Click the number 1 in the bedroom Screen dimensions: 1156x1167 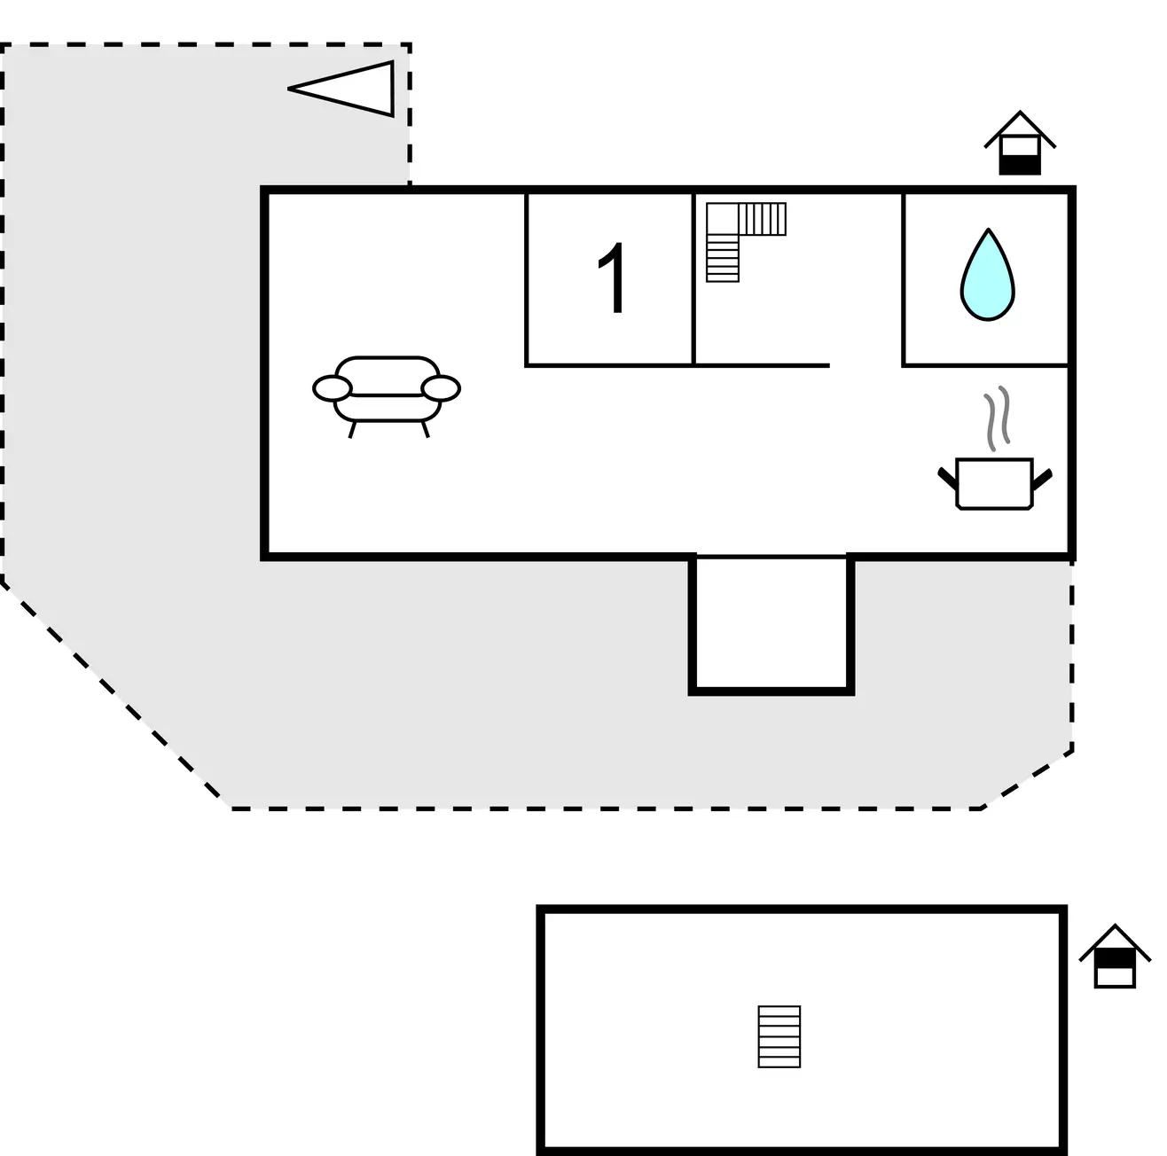[x=614, y=278]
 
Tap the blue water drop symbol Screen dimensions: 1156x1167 [x=987, y=277]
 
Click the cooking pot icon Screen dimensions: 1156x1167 [x=994, y=483]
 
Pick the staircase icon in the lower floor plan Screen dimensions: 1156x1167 [x=779, y=1036]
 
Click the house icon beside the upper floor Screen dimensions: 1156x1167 [x=1020, y=144]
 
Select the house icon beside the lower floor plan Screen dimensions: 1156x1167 [x=1115, y=957]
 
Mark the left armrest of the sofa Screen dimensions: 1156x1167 [x=333, y=388]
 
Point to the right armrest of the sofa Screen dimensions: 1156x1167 [x=441, y=388]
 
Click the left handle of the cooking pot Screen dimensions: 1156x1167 [x=947, y=479]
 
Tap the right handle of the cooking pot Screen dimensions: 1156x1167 [x=1042, y=479]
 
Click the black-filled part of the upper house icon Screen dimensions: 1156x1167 [x=1020, y=163]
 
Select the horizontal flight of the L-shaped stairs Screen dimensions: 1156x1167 [x=763, y=218]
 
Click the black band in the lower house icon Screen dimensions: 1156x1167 [x=1115, y=959]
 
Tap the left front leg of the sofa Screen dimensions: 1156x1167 [x=353, y=429]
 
